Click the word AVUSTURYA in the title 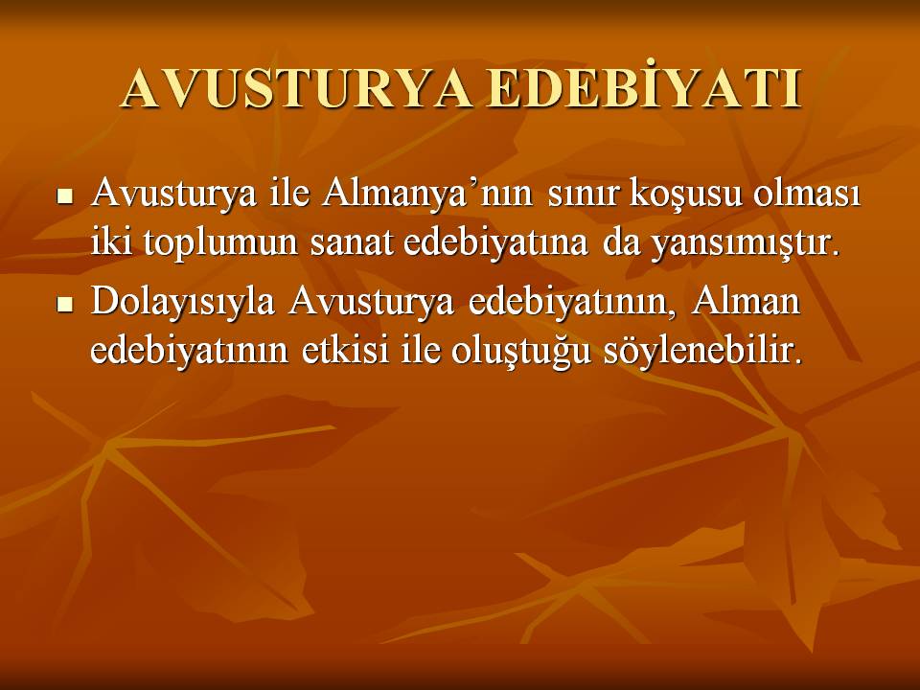[x=296, y=90]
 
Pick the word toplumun [x=220, y=243]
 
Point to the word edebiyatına [x=495, y=241]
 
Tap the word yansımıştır [x=743, y=243]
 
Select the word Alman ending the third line [x=746, y=300]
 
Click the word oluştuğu [x=521, y=352]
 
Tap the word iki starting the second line [x=111, y=241]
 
